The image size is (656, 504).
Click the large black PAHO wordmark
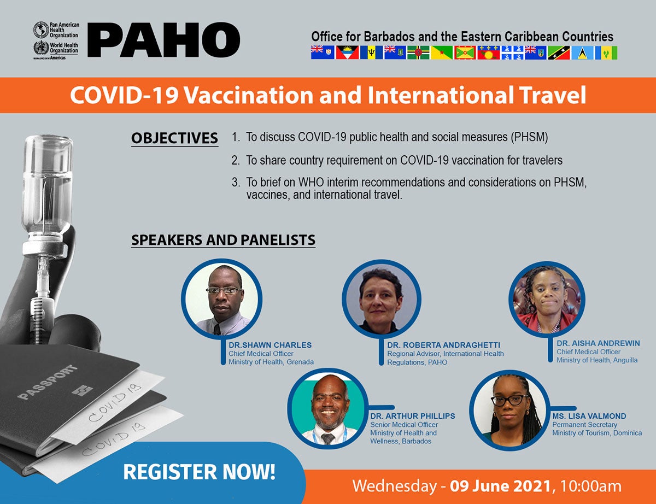coord(163,39)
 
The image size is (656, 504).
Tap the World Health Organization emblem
coord(41,48)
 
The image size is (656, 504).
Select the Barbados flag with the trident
coord(371,52)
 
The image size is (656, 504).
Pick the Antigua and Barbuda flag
coord(347,52)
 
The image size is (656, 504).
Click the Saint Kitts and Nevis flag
coord(559,52)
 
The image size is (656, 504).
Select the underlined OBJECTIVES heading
coord(174,138)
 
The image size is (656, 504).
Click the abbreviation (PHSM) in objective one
coord(529,137)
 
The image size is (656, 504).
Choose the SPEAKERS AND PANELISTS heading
coord(223,240)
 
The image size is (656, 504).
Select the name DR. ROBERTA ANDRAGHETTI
coord(443,345)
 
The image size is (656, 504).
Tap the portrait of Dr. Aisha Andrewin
coord(547,300)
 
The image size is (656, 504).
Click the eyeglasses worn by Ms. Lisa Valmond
coord(510,401)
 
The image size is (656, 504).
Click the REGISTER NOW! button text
coord(199,472)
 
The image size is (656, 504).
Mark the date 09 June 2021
coord(500,486)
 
